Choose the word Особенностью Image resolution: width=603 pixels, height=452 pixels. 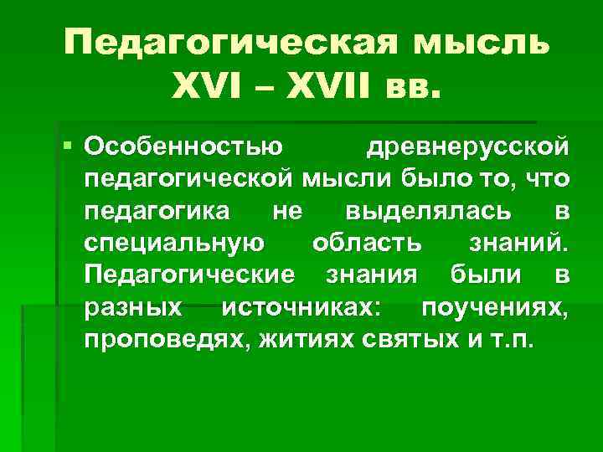click(184, 149)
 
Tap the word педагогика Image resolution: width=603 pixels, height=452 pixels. click(159, 211)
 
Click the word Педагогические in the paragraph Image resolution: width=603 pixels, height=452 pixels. click(189, 275)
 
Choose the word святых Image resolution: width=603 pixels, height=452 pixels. click(402, 338)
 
